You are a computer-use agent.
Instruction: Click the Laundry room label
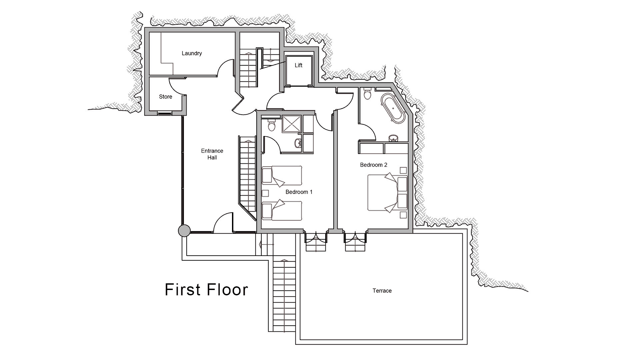[x=192, y=53]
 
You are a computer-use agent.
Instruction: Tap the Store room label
[x=166, y=97]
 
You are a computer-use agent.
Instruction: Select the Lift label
[x=298, y=65]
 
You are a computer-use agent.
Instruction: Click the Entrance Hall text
[x=212, y=154]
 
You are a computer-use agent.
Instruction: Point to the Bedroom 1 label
[x=299, y=192]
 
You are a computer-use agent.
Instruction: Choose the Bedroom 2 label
[x=373, y=165]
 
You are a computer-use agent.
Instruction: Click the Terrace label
[x=382, y=291]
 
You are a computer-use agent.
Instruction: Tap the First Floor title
[x=206, y=290]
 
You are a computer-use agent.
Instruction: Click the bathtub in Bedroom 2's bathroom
[x=393, y=107]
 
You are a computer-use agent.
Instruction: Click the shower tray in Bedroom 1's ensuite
[x=292, y=124]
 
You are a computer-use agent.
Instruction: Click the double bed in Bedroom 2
[x=383, y=193]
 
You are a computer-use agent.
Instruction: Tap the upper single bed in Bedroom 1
[x=282, y=175]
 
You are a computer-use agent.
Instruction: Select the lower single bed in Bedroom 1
[x=282, y=211]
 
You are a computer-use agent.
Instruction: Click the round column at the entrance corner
[x=184, y=231]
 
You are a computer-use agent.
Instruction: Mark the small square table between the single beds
[x=265, y=193]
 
